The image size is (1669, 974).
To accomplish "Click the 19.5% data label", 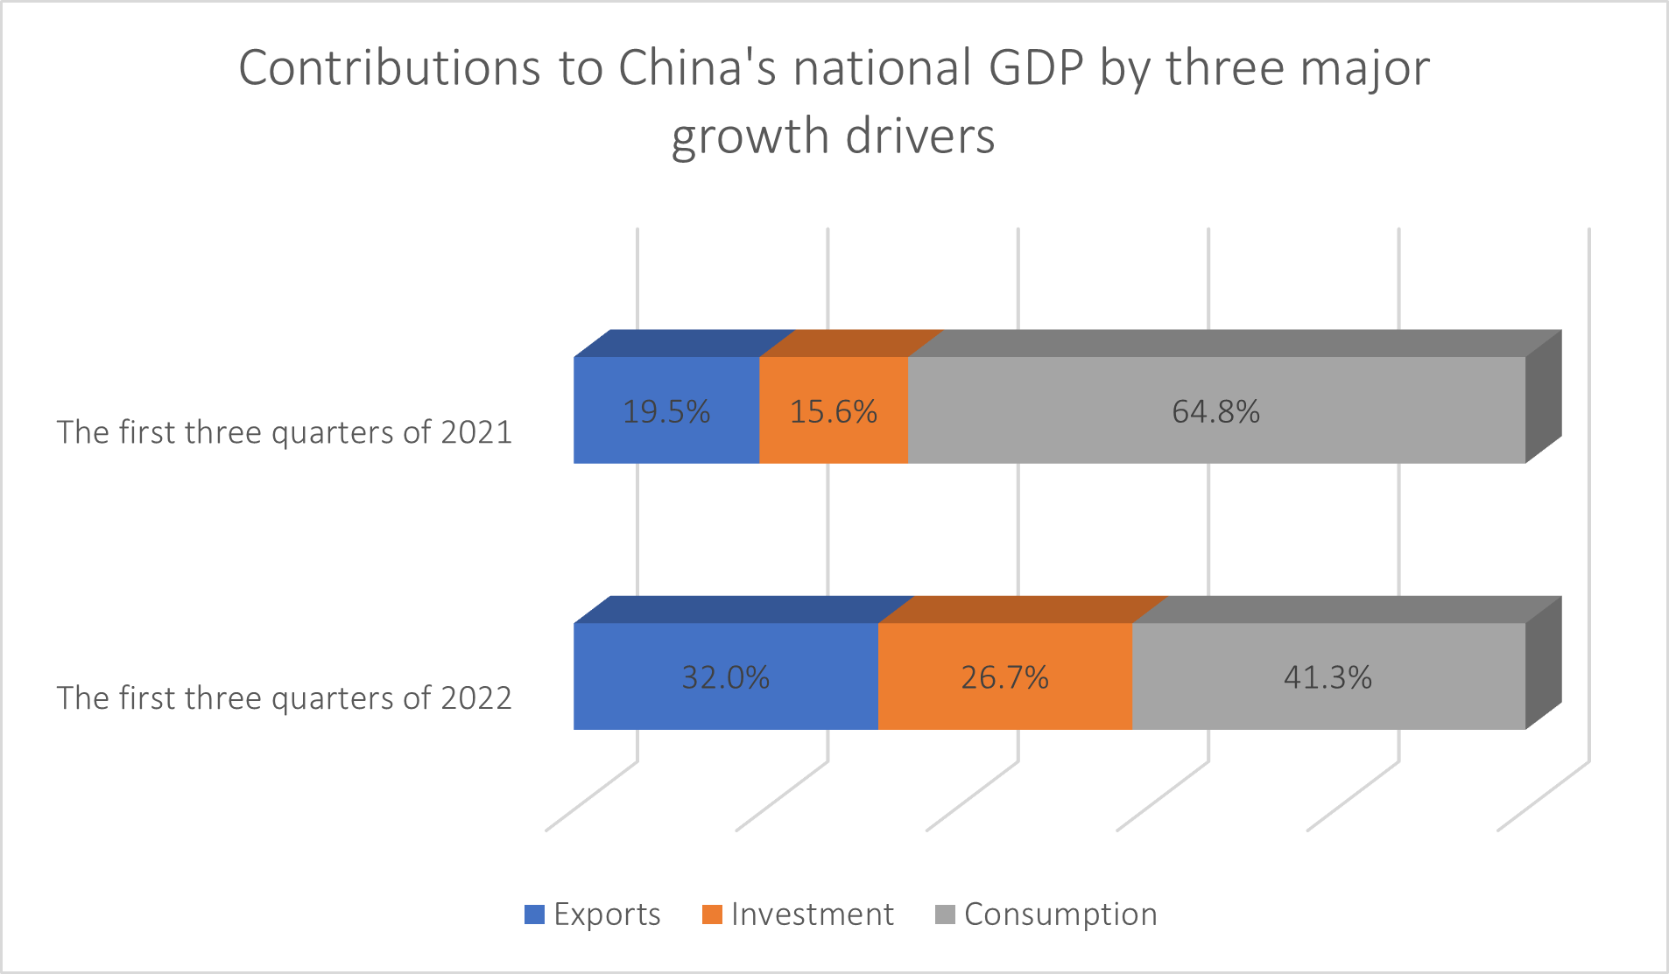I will click(665, 411).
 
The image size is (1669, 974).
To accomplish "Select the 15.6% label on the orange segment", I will click(833, 411).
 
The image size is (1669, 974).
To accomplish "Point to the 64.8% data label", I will click(1215, 411).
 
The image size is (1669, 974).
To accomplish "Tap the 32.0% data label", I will click(725, 677).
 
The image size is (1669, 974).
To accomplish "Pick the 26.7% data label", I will click(1004, 677).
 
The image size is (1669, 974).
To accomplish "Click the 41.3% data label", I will click(1327, 677).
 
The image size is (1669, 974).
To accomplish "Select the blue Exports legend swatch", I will click(534, 914).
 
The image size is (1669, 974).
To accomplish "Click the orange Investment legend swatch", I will click(712, 914).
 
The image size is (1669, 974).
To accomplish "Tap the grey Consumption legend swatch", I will click(945, 914).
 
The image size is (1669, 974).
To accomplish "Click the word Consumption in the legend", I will click(1060, 914).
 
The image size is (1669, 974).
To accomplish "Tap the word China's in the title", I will click(697, 68).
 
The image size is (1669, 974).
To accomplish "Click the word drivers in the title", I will click(920, 137).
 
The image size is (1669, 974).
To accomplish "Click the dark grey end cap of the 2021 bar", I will click(1543, 398).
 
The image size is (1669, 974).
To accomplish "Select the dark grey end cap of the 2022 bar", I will click(1543, 664).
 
